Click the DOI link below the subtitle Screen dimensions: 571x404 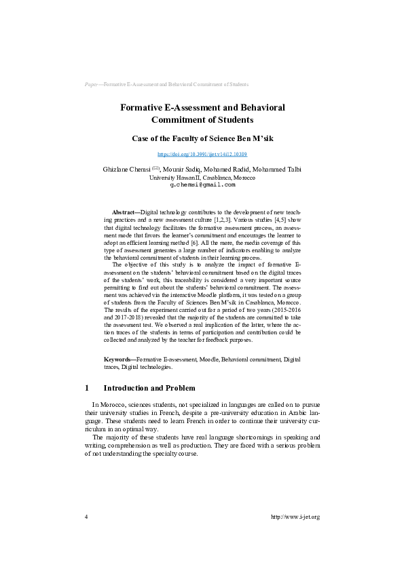pos(202,155)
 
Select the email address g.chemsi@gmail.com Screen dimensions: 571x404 pos(202,184)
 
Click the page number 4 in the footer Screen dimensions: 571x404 pos(86,517)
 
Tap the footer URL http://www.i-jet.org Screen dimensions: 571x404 pos(295,517)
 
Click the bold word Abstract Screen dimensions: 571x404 pos(123,212)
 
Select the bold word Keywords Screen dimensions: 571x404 pos(118,359)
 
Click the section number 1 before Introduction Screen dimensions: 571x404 pos(87,389)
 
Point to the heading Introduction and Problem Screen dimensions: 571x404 pos(149,389)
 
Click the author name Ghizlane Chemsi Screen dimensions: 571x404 pos(126,169)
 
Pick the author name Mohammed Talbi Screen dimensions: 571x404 pos(280,169)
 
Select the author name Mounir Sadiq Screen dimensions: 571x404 pos(185,169)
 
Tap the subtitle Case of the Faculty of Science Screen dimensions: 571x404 pos(202,138)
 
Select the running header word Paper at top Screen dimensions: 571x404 pos(91,85)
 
